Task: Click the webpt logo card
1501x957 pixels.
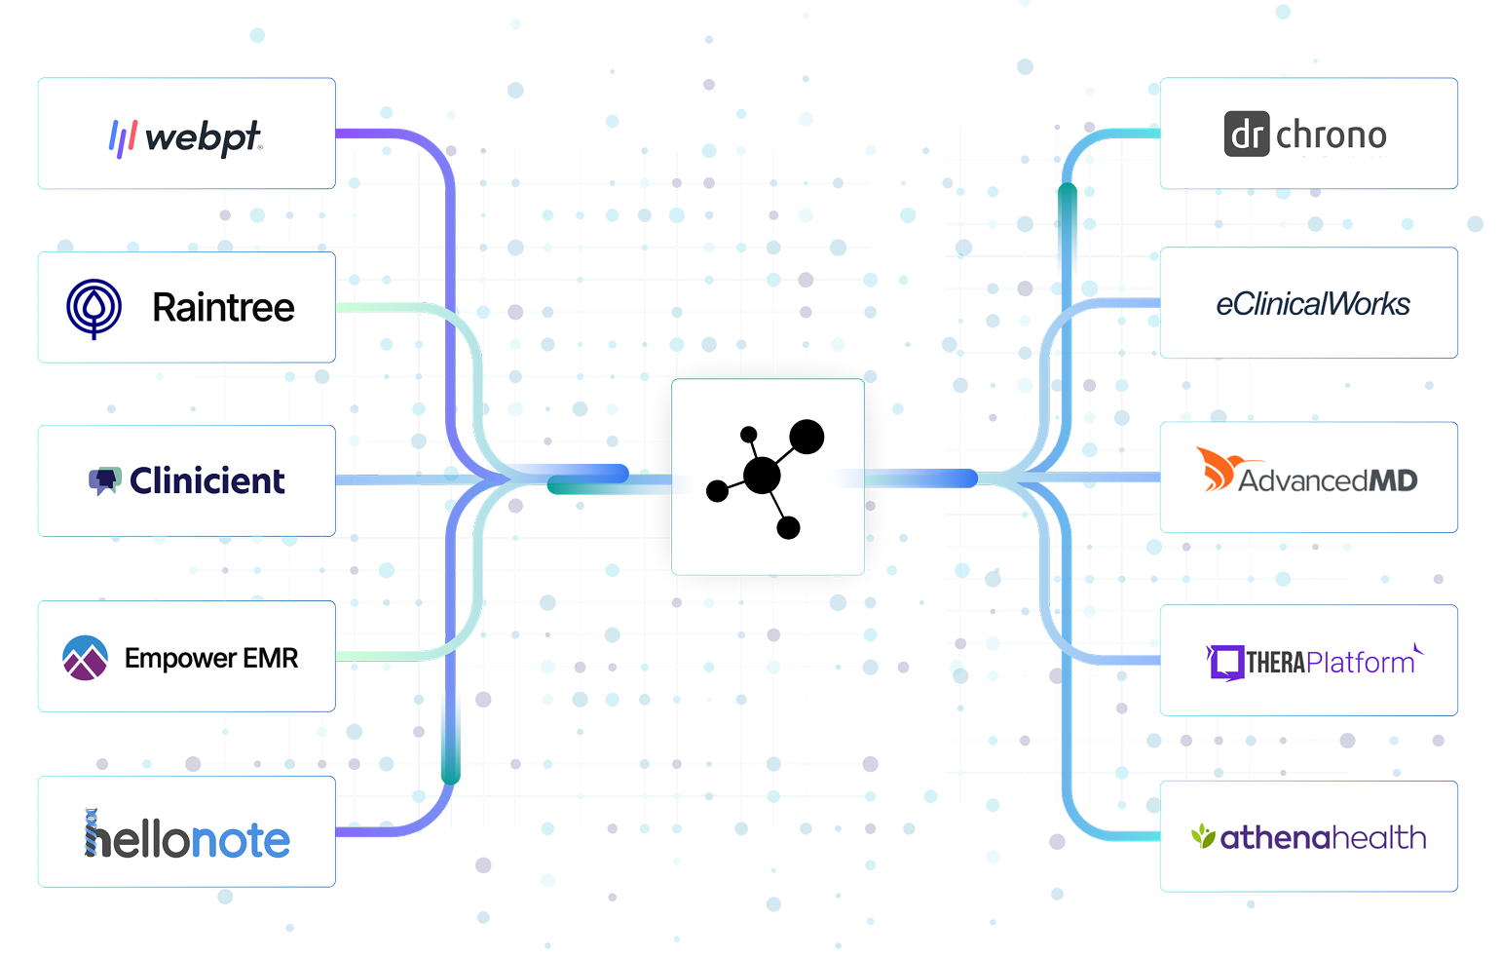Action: (186, 134)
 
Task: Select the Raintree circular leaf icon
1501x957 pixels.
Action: (94, 308)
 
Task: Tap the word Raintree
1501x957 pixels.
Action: (223, 308)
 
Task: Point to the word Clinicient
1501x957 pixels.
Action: (207, 480)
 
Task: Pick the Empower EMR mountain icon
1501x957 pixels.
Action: (85, 658)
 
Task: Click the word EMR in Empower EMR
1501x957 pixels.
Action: (271, 658)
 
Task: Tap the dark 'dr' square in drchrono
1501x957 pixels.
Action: (1247, 134)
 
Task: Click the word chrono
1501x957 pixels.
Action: (1332, 134)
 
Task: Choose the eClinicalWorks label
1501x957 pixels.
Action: (1312, 304)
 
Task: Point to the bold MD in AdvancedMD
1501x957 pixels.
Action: (1393, 480)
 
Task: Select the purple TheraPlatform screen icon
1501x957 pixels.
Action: (1225, 663)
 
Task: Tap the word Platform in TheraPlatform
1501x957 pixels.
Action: (1361, 663)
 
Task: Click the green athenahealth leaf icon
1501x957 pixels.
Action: (1204, 836)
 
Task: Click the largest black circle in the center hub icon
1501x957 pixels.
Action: (762, 476)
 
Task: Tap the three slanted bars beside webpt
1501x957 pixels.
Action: (122, 137)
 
